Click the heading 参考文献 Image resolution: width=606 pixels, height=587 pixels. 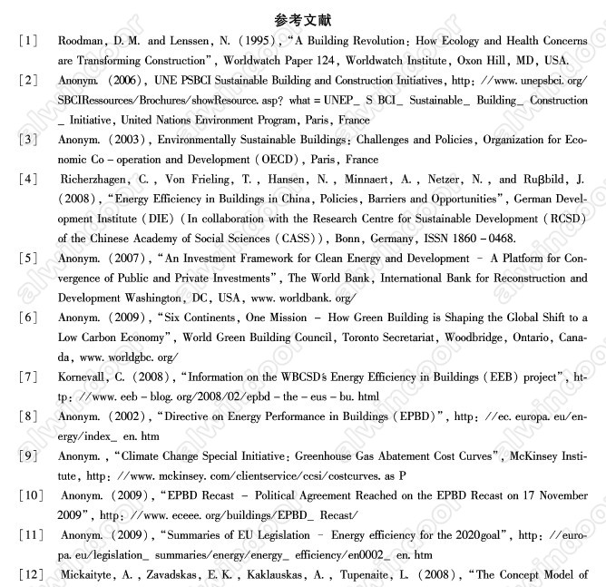[303, 19]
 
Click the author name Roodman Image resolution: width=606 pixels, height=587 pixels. [83, 42]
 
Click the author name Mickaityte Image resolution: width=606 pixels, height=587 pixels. [93, 574]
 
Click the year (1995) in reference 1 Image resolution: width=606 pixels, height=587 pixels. [248, 42]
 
